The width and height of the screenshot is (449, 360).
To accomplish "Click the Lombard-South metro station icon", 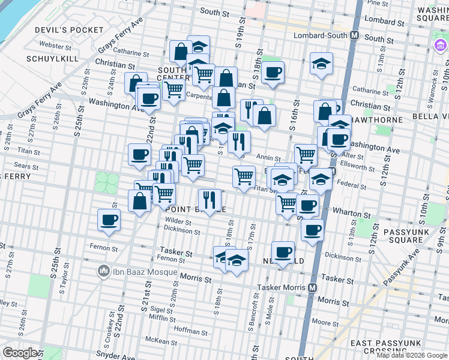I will point(355,35).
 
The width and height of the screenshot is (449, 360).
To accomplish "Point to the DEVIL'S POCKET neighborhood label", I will point(70,30).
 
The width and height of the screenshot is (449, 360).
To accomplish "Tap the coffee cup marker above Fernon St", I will point(109,220).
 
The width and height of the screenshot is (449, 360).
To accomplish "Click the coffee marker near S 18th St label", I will point(273,72).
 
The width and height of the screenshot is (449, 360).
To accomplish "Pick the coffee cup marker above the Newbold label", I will point(283,251).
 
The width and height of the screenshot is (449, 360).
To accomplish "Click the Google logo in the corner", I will point(20,353).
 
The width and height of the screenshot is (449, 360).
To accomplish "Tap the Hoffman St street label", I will point(190,331).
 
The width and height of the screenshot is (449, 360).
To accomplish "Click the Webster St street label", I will point(55,46).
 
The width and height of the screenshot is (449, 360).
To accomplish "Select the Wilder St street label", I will point(178,221).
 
